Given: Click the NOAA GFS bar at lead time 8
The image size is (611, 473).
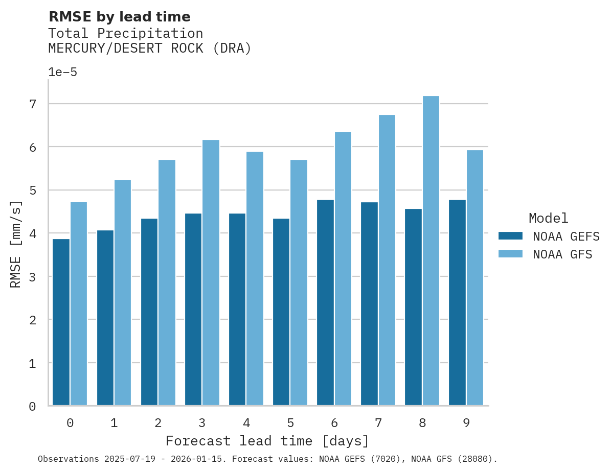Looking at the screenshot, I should [x=431, y=251].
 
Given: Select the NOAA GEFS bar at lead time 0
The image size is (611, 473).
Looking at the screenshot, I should [x=61, y=322].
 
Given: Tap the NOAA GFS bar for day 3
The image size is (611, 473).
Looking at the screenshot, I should [x=211, y=273].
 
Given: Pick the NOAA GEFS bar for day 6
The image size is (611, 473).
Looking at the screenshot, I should [x=325, y=302].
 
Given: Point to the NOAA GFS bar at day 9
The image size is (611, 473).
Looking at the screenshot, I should [x=474, y=278].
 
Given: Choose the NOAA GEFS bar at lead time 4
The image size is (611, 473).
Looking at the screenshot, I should [x=237, y=310].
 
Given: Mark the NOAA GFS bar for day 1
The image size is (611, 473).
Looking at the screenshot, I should [x=123, y=293].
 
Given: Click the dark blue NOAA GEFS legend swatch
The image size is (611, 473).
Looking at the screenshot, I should [x=510, y=236].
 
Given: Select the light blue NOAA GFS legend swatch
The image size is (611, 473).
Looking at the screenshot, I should [x=510, y=254].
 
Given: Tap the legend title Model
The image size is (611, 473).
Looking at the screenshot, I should [x=548, y=218].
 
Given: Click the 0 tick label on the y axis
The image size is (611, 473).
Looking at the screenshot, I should [x=32, y=407].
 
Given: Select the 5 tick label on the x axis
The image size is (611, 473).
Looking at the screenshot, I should [x=290, y=423].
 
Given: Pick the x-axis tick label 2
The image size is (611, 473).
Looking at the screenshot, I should [x=158, y=423].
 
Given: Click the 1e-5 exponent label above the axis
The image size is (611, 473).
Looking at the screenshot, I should [x=62, y=72].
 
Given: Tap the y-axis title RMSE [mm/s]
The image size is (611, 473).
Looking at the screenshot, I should [x=16, y=244].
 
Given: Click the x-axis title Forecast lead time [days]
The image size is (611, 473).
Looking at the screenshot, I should [x=267, y=441].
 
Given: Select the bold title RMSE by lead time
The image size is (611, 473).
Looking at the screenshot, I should [x=119, y=17].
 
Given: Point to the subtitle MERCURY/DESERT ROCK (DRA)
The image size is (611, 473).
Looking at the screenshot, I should [x=150, y=49].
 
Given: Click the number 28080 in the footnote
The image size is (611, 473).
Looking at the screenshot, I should [x=474, y=459].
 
